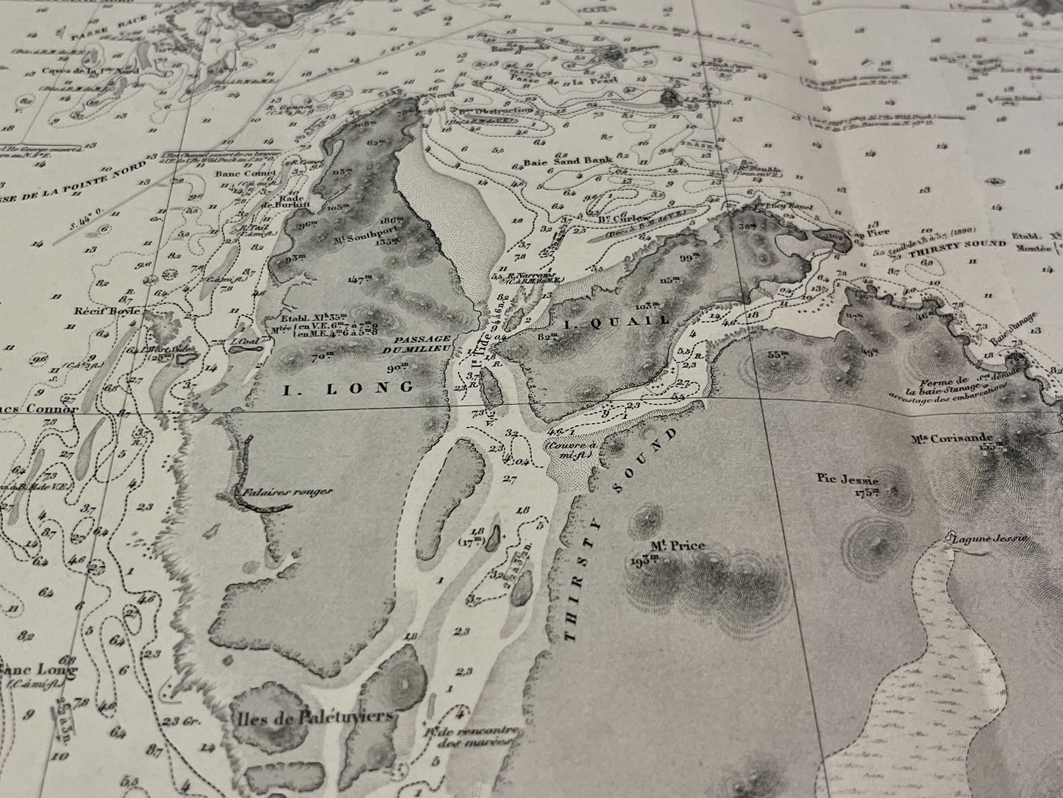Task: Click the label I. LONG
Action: click(347, 386)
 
